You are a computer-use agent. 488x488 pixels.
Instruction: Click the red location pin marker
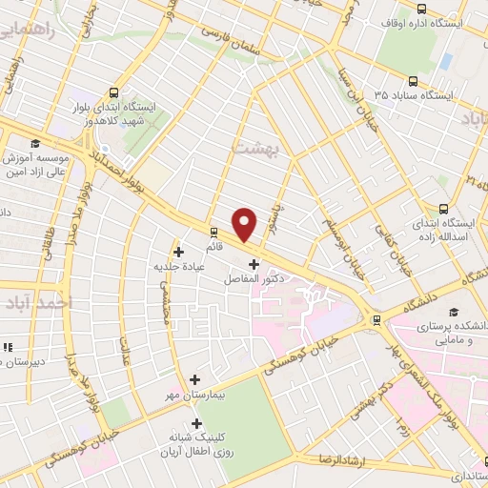click(x=244, y=224)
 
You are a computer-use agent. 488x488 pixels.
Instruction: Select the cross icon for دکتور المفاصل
click(x=254, y=264)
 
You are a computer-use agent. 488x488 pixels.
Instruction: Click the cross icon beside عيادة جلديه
click(x=178, y=251)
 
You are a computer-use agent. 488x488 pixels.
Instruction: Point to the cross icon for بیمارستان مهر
click(x=196, y=379)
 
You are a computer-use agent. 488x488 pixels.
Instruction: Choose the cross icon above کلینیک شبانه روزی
click(x=197, y=423)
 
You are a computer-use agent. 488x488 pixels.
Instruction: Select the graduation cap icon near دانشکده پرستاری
click(x=454, y=311)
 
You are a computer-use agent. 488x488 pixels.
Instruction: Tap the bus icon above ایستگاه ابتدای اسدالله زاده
click(x=442, y=209)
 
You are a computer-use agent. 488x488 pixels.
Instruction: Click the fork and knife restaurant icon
click(x=9, y=348)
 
